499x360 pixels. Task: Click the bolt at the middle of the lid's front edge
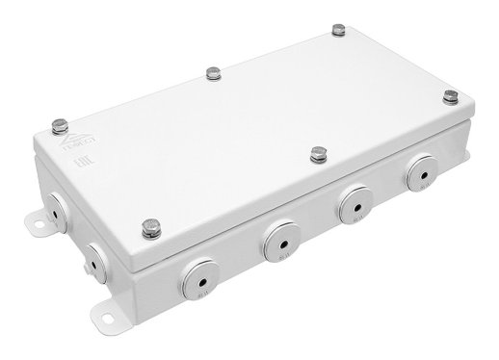[x=317, y=152]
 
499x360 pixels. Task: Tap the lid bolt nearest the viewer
[x=152, y=227]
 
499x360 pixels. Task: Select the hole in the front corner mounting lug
[x=105, y=317]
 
